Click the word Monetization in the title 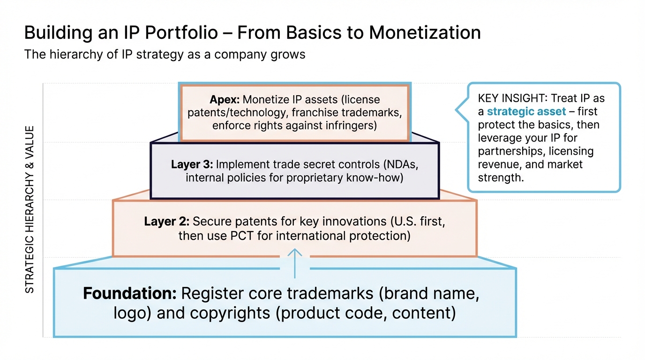[425, 33]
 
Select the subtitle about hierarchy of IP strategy [165, 54]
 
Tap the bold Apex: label [224, 100]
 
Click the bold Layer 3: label [191, 165]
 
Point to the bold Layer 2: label [166, 222]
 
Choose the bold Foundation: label [129, 294]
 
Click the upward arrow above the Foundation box [295, 262]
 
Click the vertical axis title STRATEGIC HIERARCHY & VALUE [30, 210]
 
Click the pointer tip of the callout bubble [457, 111]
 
